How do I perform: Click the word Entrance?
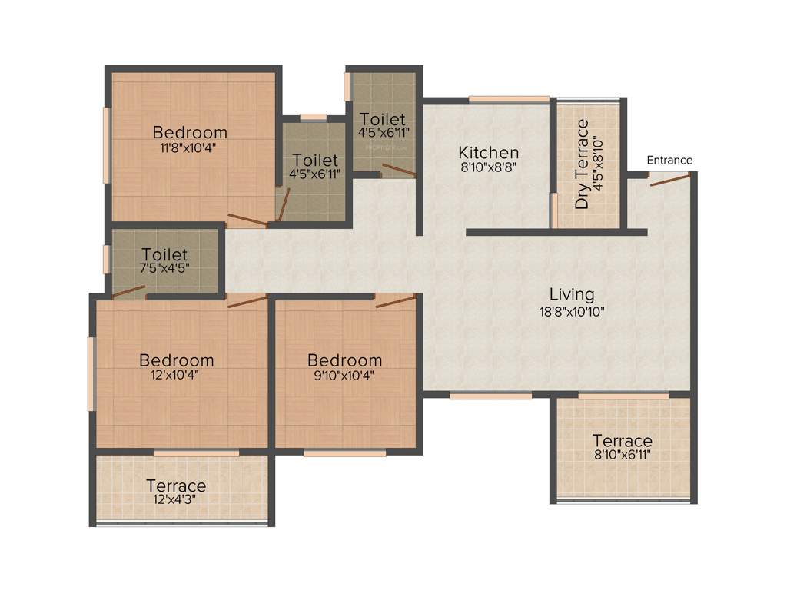pyautogui.click(x=669, y=161)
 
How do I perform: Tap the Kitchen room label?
pyautogui.click(x=488, y=152)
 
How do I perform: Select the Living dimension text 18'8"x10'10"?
pyautogui.click(x=572, y=311)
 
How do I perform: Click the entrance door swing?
pyautogui.click(x=668, y=180)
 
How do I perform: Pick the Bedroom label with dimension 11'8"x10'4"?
pyautogui.click(x=190, y=132)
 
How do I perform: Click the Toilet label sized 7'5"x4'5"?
pyautogui.click(x=164, y=254)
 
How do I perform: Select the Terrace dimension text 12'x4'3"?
pyautogui.click(x=176, y=499)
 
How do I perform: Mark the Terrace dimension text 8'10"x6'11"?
pyautogui.click(x=622, y=454)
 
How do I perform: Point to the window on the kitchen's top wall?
pyautogui.click(x=509, y=98)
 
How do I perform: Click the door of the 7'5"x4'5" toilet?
pyautogui.click(x=129, y=292)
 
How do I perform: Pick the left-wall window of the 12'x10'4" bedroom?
pyautogui.click(x=91, y=374)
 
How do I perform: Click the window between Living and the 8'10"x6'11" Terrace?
pyautogui.click(x=623, y=396)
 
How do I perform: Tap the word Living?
pyautogui.click(x=572, y=294)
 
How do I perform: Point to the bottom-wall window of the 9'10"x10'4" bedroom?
pyautogui.click(x=344, y=453)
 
